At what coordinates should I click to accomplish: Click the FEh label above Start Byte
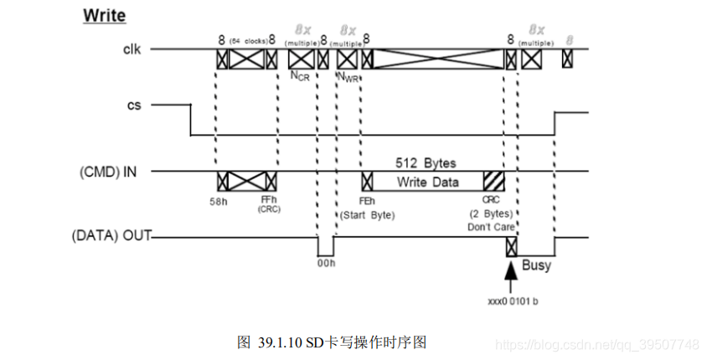click(x=366, y=200)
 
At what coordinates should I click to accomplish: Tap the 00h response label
click(x=325, y=264)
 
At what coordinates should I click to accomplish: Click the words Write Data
click(x=427, y=182)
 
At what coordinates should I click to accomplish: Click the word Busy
click(x=536, y=266)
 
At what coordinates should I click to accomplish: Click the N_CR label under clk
click(x=300, y=75)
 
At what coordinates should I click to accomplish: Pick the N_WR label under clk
click(x=348, y=76)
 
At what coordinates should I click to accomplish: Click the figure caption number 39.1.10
click(x=281, y=342)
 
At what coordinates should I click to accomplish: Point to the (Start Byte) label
click(x=366, y=214)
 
